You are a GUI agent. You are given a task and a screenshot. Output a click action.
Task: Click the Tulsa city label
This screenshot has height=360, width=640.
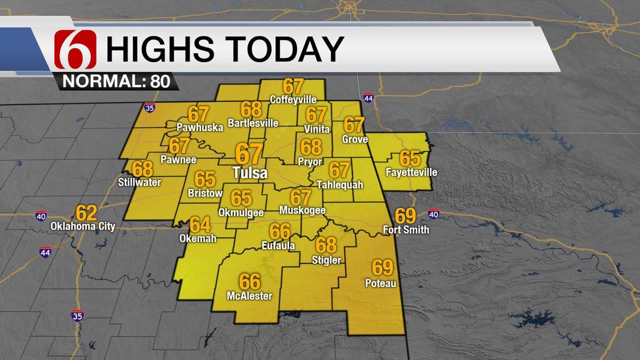click(x=250, y=173)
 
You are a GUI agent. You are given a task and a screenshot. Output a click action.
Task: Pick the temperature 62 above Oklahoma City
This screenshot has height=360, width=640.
click(x=86, y=213)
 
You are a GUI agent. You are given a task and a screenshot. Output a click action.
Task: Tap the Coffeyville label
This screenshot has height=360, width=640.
click(x=292, y=99)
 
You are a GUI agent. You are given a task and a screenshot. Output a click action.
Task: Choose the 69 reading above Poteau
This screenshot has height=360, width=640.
click(x=382, y=268)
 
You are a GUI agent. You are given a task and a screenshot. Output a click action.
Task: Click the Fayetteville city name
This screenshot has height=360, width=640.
click(x=411, y=172)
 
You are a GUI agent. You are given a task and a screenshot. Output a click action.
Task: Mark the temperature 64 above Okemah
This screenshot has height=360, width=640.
click(x=200, y=224)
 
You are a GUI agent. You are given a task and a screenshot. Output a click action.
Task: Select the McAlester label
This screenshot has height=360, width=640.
click(x=249, y=296)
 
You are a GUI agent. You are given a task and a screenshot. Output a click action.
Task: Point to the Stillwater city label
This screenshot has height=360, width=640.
click(x=139, y=182)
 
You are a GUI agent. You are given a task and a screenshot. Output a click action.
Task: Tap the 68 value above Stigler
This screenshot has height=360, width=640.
click(x=326, y=245)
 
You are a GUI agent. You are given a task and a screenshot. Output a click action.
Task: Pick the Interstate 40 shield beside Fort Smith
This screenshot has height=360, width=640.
click(x=433, y=214)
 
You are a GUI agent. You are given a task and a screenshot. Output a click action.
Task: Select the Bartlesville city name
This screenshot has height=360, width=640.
click(x=253, y=122)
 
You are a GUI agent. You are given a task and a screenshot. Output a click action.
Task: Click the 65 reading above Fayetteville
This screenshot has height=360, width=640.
click(x=410, y=158)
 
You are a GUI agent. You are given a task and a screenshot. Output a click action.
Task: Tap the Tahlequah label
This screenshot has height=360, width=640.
click(x=340, y=185)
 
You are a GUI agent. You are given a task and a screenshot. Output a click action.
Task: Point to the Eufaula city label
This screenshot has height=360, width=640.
click(x=278, y=245)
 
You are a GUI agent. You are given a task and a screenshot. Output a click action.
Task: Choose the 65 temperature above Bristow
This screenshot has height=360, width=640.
click(x=205, y=178)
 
